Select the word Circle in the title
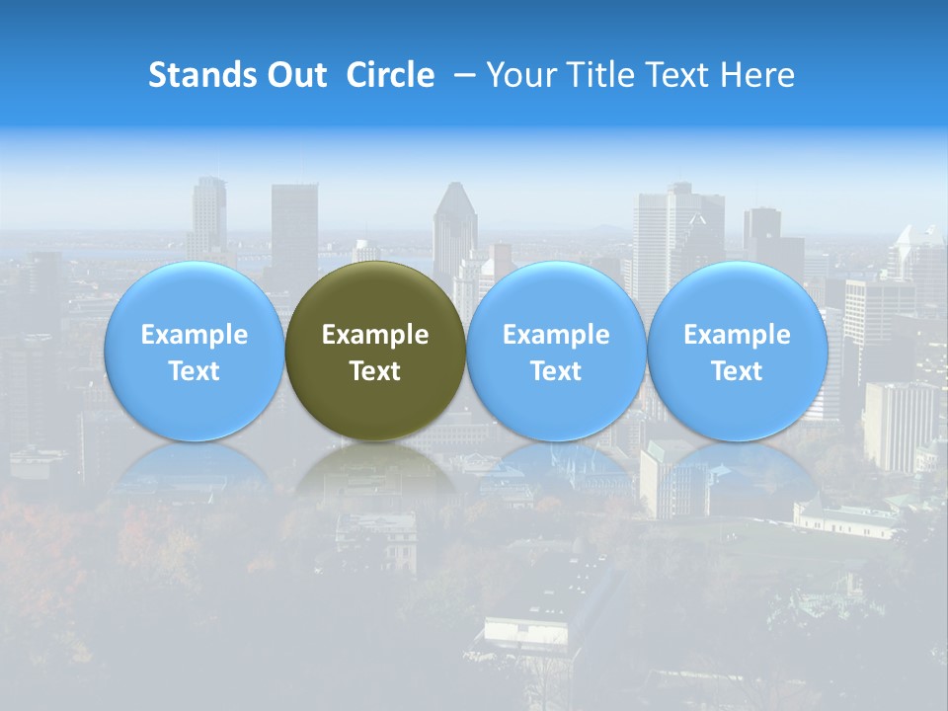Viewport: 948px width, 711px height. (390, 75)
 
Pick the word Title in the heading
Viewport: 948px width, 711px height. (596, 75)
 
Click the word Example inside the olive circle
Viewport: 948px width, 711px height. (375, 335)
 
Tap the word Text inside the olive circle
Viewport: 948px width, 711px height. (375, 371)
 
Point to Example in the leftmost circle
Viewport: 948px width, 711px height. (195, 335)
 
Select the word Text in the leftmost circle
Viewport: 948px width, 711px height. (195, 371)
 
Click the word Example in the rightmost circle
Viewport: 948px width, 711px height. (738, 335)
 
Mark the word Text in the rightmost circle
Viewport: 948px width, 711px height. (738, 371)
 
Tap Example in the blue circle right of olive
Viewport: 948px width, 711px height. (556, 335)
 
